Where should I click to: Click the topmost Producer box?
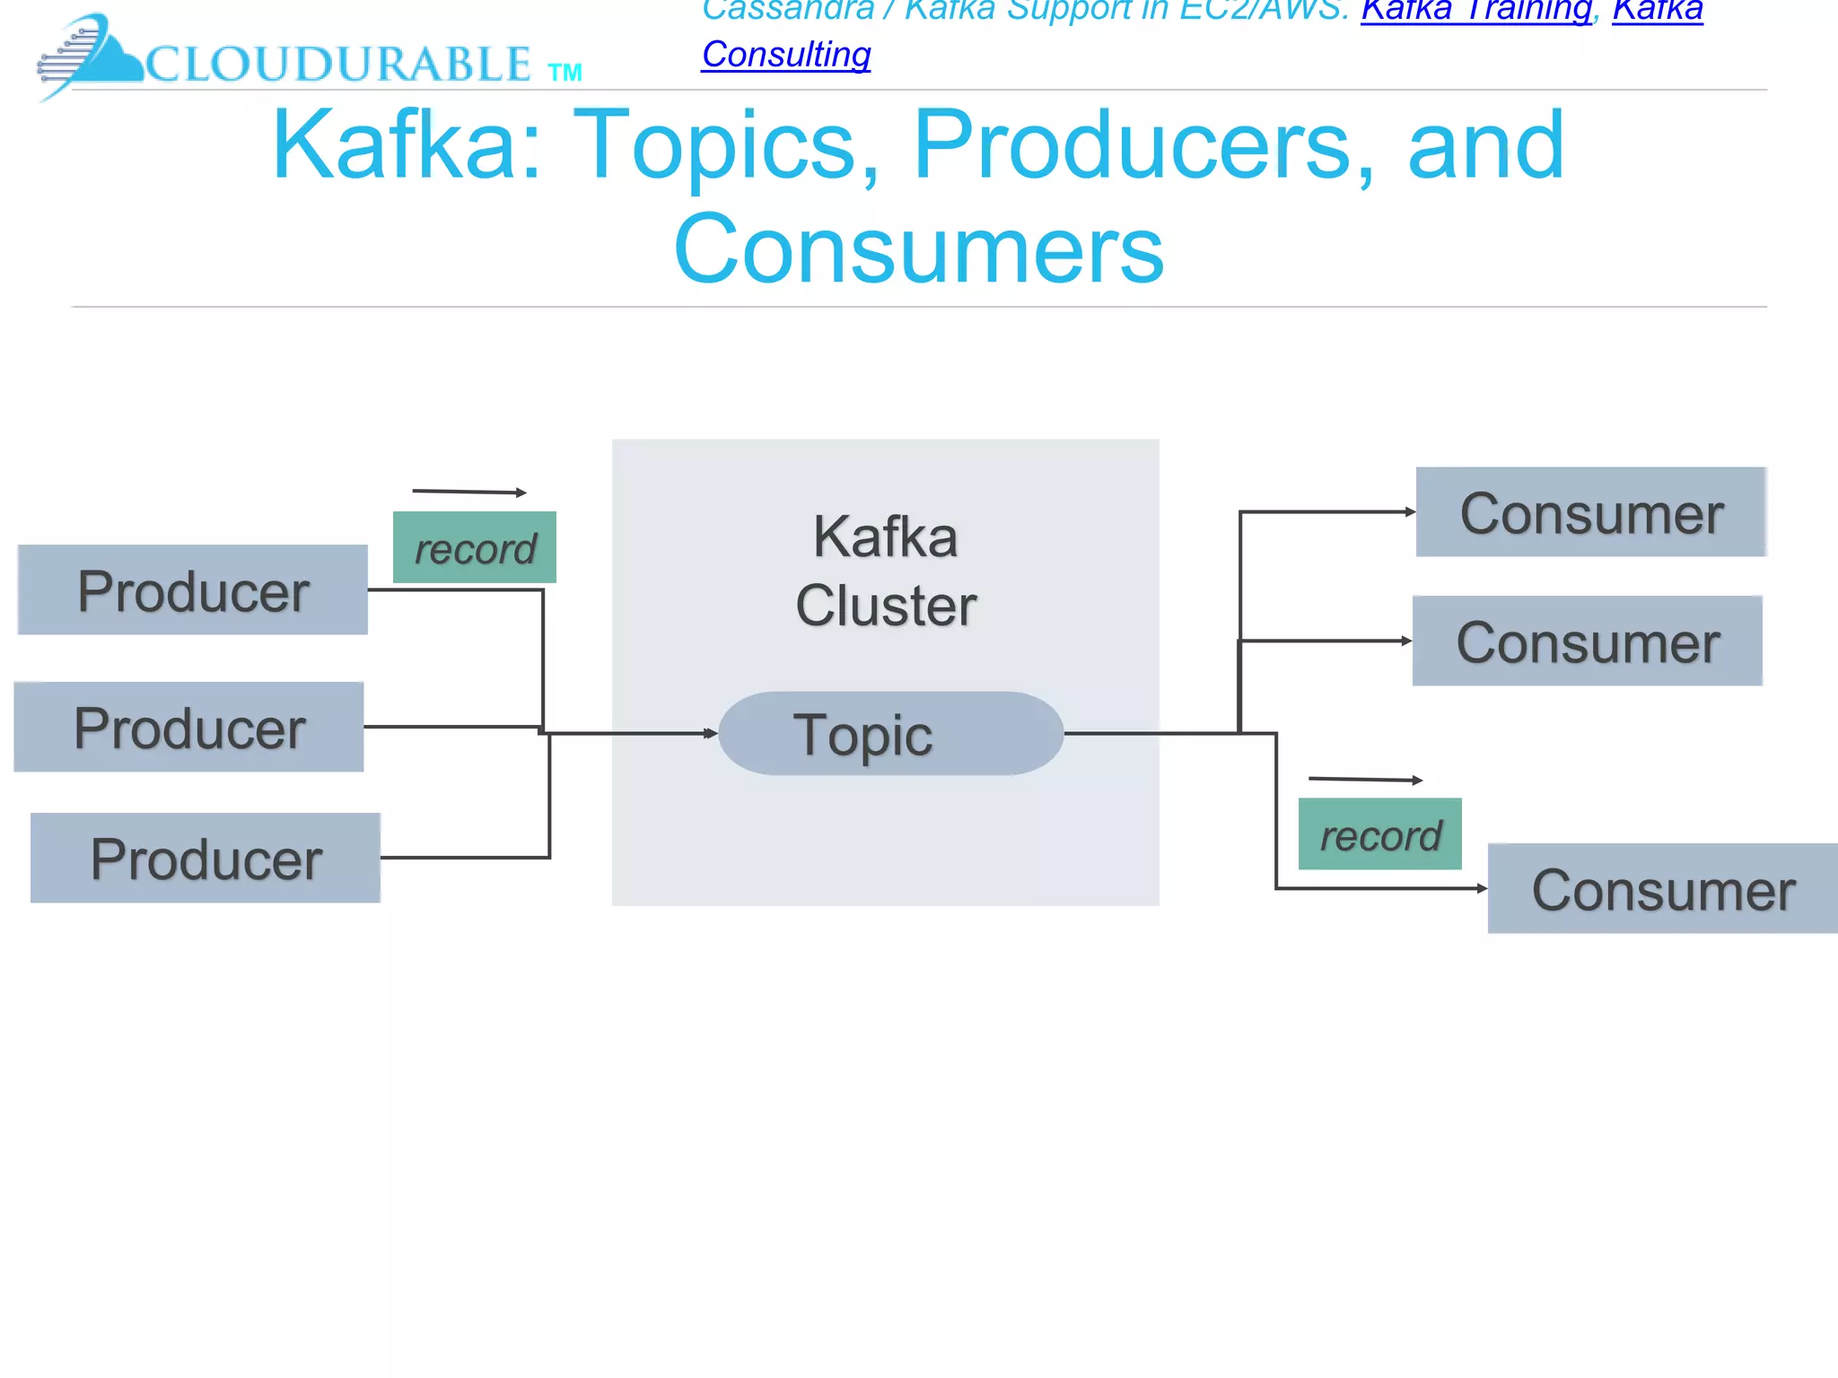[x=193, y=590]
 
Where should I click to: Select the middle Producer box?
[x=188, y=727]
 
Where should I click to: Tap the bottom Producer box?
[x=206, y=858]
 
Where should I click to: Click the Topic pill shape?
[x=890, y=734]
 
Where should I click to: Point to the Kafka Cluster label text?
[x=886, y=571]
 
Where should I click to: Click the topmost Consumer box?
[x=1590, y=512]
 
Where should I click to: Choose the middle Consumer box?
[x=1587, y=641]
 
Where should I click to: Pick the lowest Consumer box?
[x=1662, y=889]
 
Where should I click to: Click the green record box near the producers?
[x=475, y=548]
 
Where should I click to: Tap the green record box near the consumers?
[x=1379, y=834]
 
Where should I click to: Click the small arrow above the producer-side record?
[x=468, y=492]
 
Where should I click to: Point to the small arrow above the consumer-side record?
[x=1365, y=780]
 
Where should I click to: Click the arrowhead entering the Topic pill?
[x=711, y=734]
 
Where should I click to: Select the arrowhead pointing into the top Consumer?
[x=1410, y=512]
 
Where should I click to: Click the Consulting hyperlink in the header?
[x=786, y=55]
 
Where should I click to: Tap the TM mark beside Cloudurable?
[x=565, y=73]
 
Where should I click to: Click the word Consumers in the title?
[x=918, y=249]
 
